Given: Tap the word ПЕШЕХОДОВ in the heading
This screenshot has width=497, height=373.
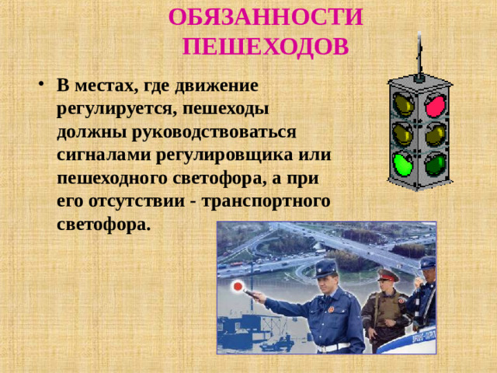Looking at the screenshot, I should click(266, 47).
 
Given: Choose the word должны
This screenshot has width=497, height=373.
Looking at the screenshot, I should click(85, 130).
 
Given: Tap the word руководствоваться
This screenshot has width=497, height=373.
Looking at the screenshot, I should click(214, 130).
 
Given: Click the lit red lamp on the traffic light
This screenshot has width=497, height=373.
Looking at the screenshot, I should click(436, 103).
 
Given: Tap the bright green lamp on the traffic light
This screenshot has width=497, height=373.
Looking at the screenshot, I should click(402, 163).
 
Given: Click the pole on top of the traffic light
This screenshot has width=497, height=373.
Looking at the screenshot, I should click(419, 51).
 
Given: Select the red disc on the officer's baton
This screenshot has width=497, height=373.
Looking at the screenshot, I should click(238, 287).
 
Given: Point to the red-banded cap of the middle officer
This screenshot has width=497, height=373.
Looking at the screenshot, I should click(387, 274).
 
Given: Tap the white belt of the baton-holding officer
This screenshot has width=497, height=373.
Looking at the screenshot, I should click(332, 347).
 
